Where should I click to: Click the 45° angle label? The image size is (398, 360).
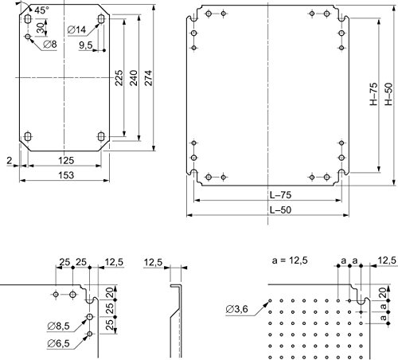(41, 10)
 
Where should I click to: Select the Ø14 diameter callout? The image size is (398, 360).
(77, 29)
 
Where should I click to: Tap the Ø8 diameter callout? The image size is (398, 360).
(50, 45)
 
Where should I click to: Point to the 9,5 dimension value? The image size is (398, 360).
(85, 45)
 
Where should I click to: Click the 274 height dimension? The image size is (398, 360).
(148, 78)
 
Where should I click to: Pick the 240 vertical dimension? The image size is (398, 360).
(134, 78)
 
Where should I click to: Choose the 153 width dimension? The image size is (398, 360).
(66, 175)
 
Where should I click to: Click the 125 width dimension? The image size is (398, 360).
(66, 160)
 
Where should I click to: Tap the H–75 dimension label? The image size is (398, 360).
(373, 94)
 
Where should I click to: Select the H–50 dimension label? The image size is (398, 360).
(388, 94)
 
